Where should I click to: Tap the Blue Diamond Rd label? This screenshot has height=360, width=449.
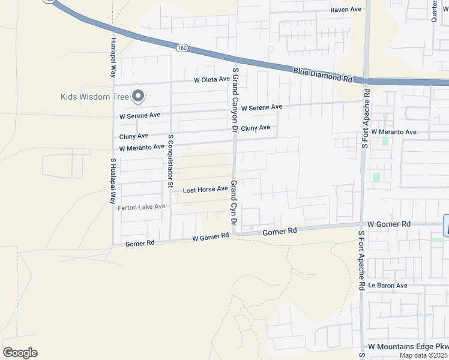click(x=322, y=74)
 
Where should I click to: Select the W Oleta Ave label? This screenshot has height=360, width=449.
click(x=212, y=79)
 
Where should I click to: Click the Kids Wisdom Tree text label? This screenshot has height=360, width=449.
click(x=95, y=97)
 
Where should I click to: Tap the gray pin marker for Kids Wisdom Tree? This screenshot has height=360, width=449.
click(x=139, y=96)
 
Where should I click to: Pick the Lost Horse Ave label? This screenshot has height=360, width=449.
click(x=205, y=190)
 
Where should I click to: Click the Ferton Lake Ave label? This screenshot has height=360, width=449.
click(x=141, y=207)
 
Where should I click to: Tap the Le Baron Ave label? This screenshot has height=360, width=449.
click(x=388, y=286)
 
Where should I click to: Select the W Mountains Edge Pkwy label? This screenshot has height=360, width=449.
click(x=408, y=347)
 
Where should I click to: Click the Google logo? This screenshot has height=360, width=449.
click(x=20, y=353)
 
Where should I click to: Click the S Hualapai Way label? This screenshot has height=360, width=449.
click(x=113, y=181)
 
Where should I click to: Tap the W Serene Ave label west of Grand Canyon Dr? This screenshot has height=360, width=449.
click(x=140, y=115)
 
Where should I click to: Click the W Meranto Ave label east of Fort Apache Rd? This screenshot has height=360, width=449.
click(x=394, y=132)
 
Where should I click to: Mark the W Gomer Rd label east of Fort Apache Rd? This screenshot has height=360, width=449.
click(x=389, y=224)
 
